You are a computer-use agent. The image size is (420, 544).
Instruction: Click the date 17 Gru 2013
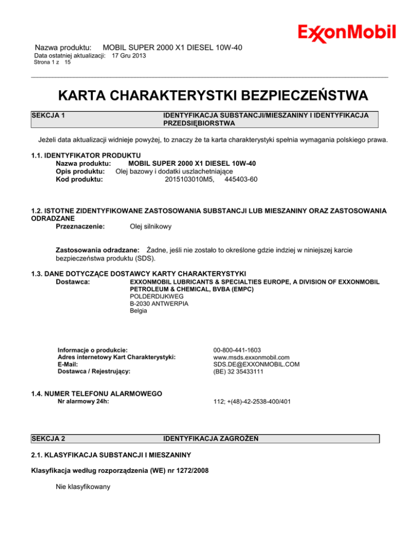[x=129, y=56]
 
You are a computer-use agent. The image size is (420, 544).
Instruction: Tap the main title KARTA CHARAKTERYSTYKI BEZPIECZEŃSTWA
[x=209, y=96]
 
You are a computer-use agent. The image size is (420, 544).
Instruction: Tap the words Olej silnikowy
[x=150, y=226]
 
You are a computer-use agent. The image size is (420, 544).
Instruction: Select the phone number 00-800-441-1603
[x=241, y=349]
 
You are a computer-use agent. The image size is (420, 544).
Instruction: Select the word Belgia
[x=138, y=311]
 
